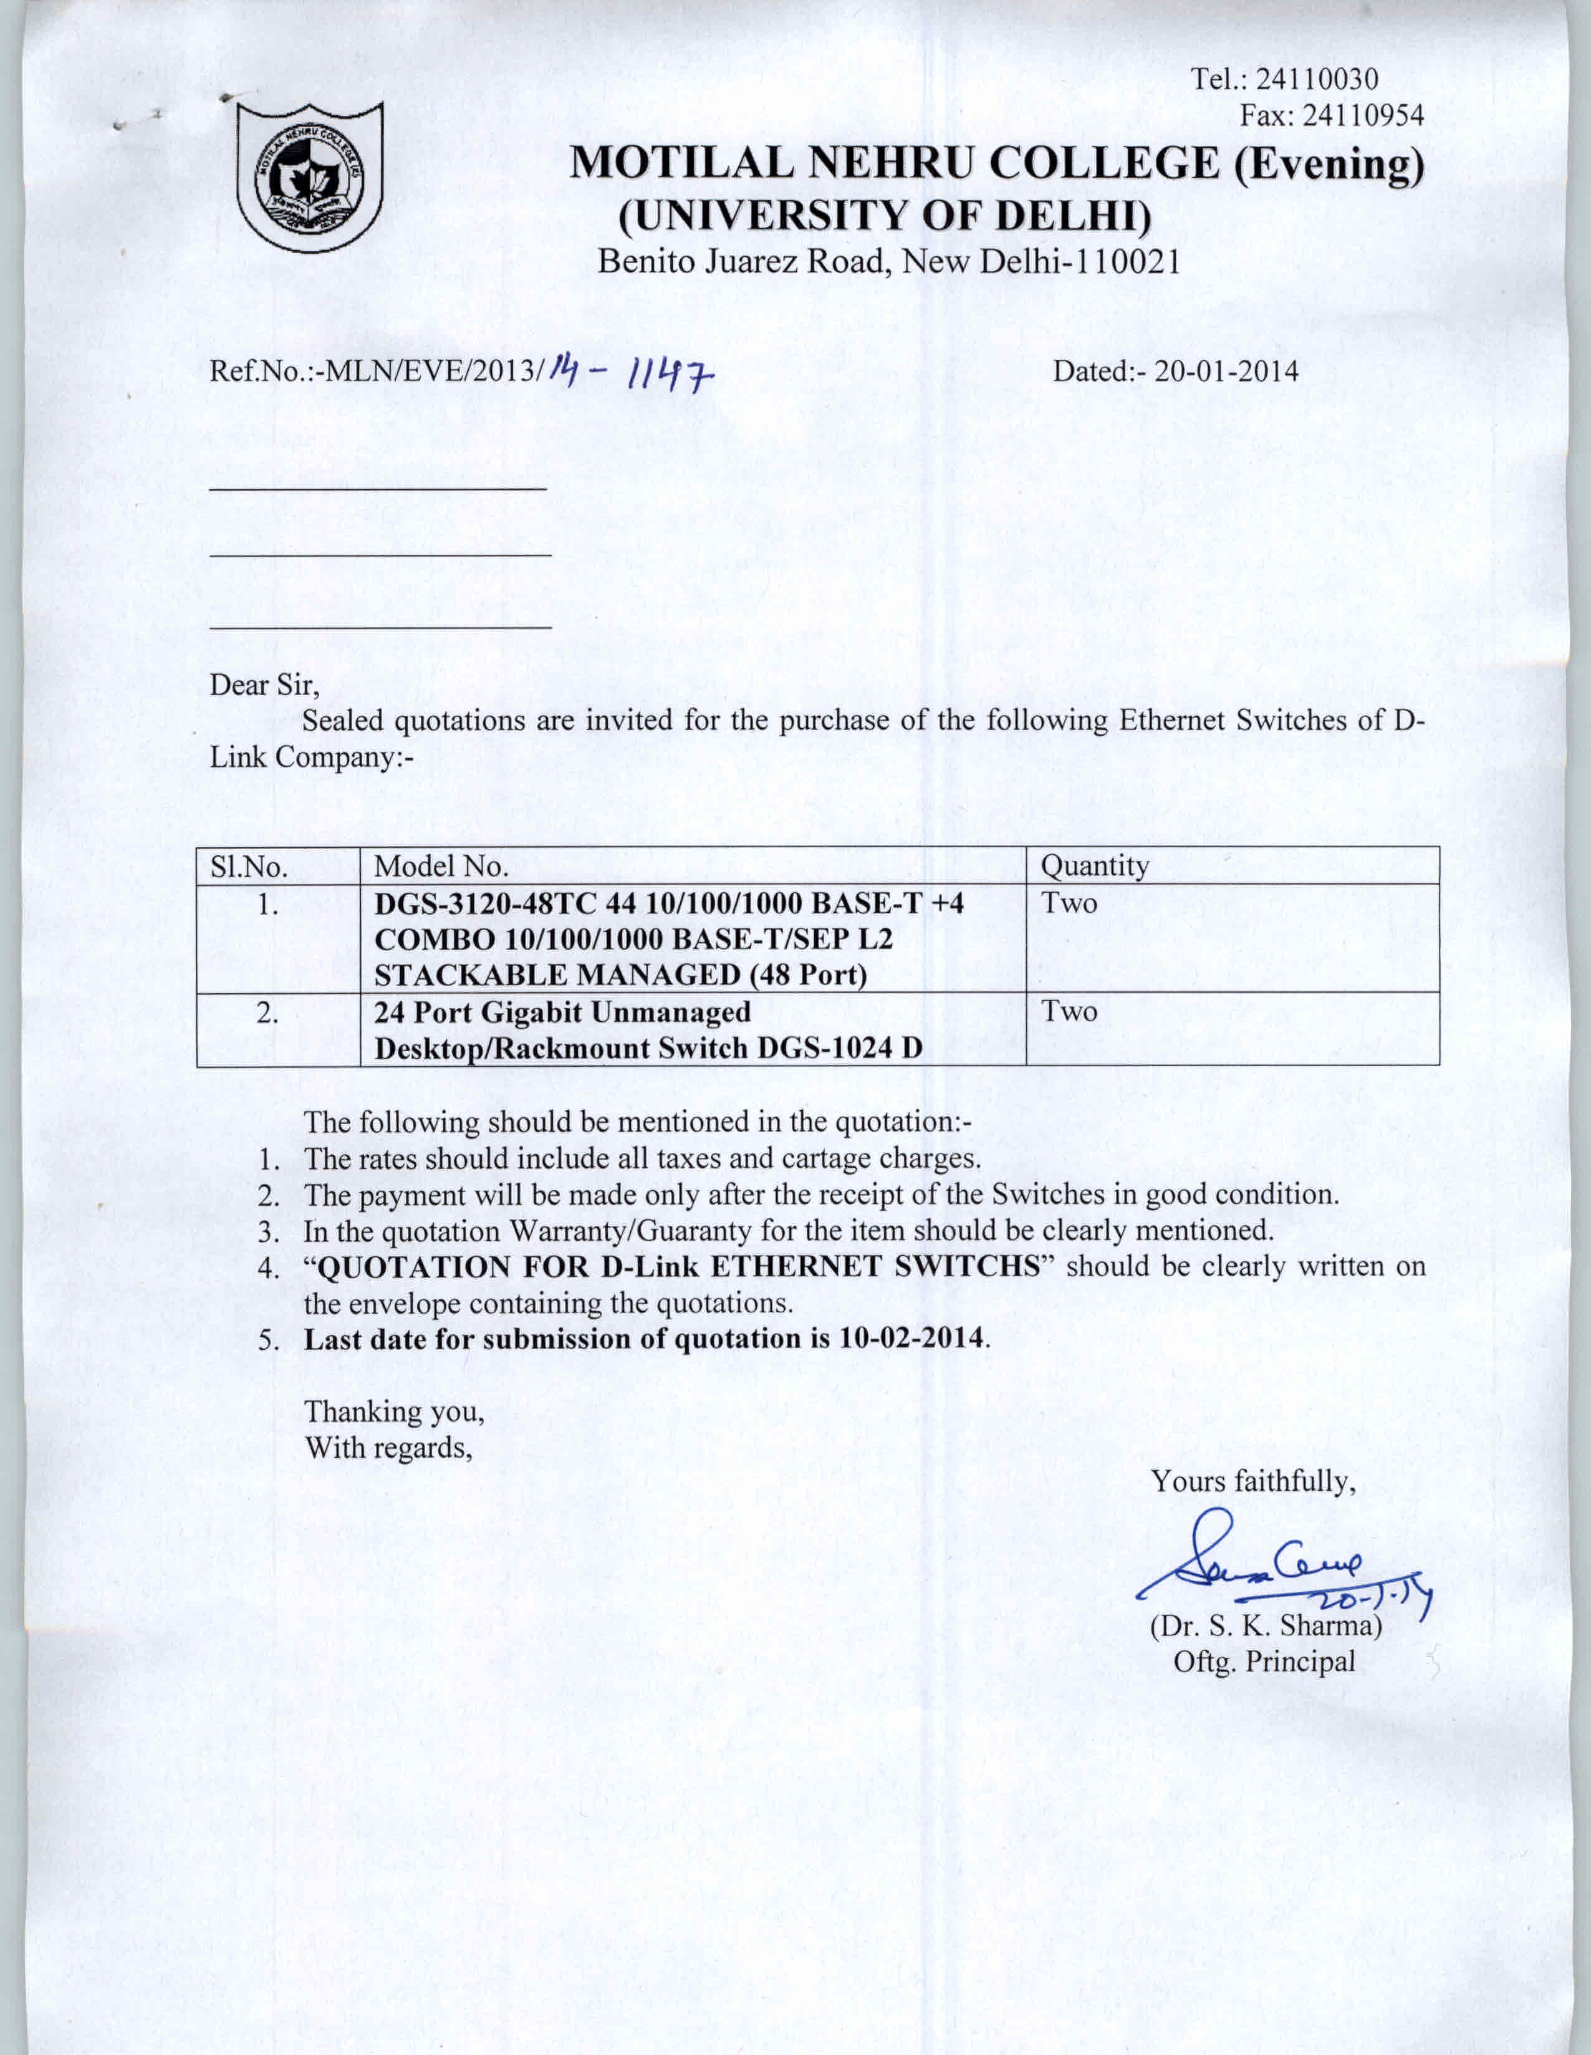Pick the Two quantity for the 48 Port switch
point(1069,903)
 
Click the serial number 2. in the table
point(267,1013)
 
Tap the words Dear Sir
point(264,685)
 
